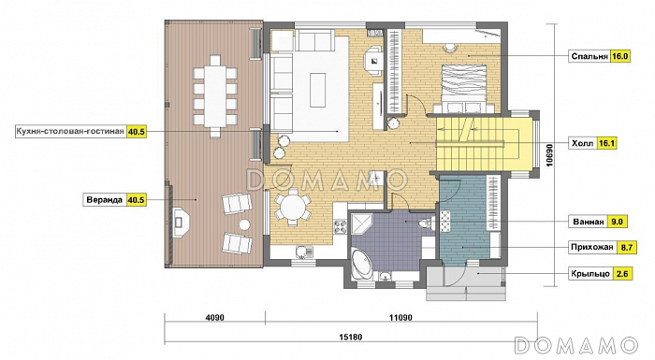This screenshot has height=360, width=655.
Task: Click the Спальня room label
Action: tap(589, 56)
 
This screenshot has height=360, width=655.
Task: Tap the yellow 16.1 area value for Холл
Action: tap(607, 143)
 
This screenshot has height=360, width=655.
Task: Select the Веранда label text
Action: tap(105, 199)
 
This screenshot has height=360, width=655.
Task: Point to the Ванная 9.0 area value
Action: tap(617, 222)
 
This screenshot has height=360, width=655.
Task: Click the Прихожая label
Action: tap(592, 247)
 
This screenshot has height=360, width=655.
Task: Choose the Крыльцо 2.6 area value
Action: tap(622, 274)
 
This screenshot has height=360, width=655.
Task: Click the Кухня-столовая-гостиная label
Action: tap(70, 132)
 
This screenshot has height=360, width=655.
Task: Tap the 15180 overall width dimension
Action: tap(351, 337)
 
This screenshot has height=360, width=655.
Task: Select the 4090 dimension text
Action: tap(214, 318)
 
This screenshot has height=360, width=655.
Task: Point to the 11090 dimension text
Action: tap(400, 318)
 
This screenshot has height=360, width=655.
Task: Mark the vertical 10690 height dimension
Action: tap(549, 155)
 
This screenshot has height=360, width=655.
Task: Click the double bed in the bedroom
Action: tap(464, 89)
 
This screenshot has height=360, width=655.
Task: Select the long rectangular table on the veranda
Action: tap(214, 96)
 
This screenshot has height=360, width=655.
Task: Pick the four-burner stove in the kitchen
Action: tap(339, 227)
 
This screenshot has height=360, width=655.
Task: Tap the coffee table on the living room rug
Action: tap(318, 91)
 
